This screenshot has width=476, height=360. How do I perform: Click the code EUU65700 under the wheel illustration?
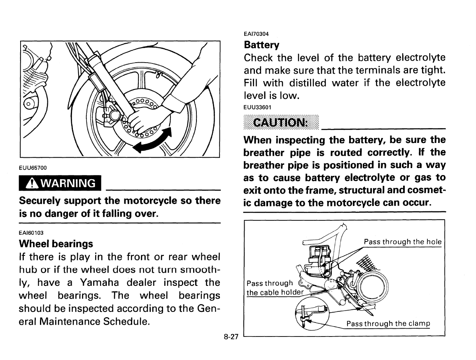pos(33,168)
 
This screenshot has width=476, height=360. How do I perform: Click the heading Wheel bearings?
pos(56,244)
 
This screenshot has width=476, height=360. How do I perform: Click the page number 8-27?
pos(231,337)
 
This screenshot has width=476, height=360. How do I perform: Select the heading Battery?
pos(261,44)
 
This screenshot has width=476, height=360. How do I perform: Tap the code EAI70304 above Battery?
pos(257,34)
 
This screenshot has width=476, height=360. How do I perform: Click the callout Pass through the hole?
pos(402,242)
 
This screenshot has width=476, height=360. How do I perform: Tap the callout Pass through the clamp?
pos(388,323)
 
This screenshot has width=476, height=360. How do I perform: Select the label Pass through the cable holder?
pos(274,288)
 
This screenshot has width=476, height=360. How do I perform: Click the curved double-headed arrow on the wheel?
pos(154,140)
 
